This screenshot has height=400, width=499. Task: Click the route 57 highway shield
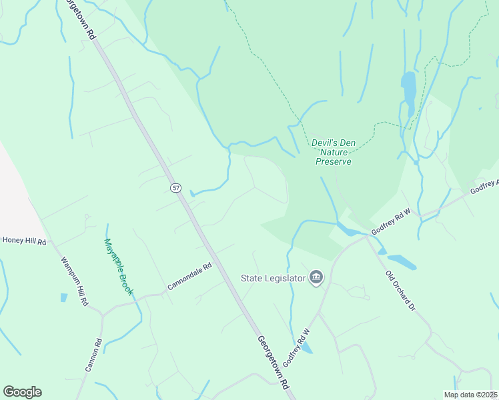tap(175, 189)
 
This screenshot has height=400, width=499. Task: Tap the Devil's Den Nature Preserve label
tap(332, 152)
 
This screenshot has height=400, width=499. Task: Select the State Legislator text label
tap(274, 277)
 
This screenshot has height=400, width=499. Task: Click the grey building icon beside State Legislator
tap(316, 277)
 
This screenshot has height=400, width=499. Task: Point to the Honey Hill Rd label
tap(24, 240)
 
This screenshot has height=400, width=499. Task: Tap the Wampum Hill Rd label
tap(75, 281)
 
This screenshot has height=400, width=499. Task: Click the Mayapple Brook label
tap(119, 267)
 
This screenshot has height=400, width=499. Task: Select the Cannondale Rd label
tap(189, 275)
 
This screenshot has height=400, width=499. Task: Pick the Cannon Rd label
tap(93, 356)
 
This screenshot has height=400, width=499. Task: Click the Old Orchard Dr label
tap(401, 291)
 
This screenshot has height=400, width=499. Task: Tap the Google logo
tap(22, 392)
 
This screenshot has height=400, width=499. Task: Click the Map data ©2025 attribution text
tap(471, 395)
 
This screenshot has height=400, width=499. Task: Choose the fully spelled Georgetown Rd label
tap(274, 362)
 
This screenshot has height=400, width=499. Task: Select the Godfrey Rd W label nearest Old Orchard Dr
tap(393, 221)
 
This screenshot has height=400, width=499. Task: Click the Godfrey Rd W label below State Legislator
tap(298, 347)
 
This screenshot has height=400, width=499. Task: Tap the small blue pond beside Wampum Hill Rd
tap(64, 297)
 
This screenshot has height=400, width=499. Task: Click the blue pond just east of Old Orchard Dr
tap(402, 261)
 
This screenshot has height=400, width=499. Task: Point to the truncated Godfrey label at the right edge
tap(484, 187)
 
